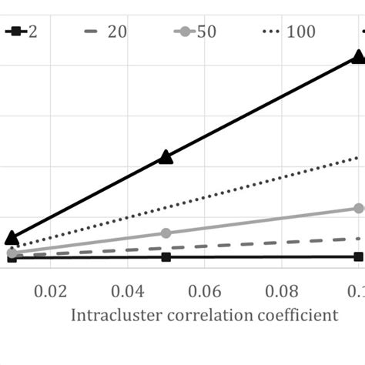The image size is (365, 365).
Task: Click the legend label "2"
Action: pos(32,32)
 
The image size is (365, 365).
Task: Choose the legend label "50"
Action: pos(207,32)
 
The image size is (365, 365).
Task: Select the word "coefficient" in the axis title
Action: pos(293,316)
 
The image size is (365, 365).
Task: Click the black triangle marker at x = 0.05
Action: pos(166,157)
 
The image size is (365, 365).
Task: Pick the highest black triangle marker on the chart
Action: pos(358,56)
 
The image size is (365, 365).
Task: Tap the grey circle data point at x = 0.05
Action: pos(166,233)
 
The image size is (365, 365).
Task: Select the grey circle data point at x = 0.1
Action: pos(358,208)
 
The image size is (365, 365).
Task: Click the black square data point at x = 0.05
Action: pos(166,257)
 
